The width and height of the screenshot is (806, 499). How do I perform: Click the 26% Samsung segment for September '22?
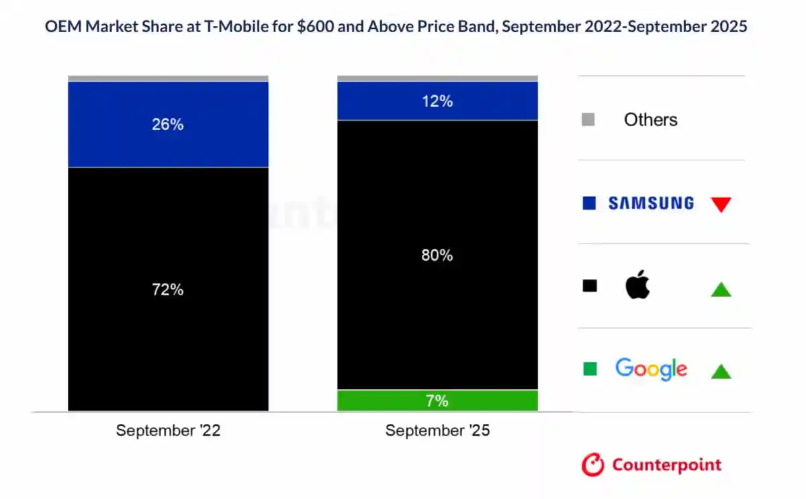coord(168,124)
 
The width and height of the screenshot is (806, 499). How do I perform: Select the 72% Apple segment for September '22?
coord(168,289)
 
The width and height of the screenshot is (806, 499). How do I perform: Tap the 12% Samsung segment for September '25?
coord(437,101)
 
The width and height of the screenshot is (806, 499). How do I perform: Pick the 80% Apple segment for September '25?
coord(437,255)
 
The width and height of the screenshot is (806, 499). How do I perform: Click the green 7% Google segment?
coord(437,400)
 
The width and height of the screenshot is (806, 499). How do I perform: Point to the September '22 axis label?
coord(168,431)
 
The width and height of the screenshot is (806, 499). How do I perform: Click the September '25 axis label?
coord(437,431)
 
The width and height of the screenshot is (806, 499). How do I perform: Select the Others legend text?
coord(650,119)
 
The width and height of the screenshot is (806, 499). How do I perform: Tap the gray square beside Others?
coord(589,120)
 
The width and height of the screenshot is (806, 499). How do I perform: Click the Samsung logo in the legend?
coord(651,203)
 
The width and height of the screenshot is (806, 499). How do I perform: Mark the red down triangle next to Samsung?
coord(721,205)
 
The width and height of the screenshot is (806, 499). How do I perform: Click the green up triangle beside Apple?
coord(721,289)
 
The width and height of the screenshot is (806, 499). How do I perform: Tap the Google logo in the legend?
coord(651,368)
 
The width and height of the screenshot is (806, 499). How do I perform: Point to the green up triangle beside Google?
coord(721,371)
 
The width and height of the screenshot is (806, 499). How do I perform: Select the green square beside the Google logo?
coord(590,369)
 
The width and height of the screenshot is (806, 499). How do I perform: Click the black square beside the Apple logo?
coord(590,286)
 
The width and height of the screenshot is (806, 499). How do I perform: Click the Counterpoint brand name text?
coord(666,465)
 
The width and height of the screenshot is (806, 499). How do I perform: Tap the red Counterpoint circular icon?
coord(593,465)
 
